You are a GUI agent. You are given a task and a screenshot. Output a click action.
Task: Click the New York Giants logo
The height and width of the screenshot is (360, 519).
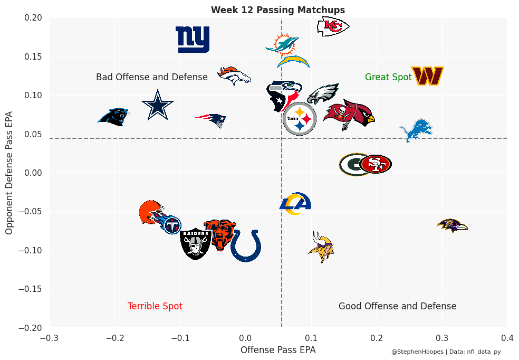tap(193, 40)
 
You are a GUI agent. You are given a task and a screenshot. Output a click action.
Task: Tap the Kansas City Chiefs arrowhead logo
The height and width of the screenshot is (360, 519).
tap(333, 26)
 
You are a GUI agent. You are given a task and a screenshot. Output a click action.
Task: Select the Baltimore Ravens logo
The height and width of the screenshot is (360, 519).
tap(453, 226)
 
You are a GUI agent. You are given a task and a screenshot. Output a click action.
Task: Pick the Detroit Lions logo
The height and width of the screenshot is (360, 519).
tap(416, 130)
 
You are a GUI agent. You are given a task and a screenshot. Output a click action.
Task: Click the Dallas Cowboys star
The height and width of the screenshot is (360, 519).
tap(157, 106)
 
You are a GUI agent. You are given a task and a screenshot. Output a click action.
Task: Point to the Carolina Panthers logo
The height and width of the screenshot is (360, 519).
tap(114, 116)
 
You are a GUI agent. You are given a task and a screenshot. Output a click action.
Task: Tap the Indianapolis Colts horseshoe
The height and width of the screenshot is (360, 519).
tap(246, 246)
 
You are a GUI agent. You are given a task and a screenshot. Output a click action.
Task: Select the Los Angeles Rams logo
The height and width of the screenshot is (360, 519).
tap(295, 204)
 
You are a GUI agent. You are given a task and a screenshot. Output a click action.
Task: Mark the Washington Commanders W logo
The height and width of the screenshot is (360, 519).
tap(427, 76)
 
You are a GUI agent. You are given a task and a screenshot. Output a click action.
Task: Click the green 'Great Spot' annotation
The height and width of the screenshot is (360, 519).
tap(388, 77)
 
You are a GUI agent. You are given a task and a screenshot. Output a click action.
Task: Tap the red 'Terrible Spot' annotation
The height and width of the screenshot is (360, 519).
tap(155, 306)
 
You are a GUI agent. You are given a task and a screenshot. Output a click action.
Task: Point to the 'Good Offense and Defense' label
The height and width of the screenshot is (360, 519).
tap(397, 306)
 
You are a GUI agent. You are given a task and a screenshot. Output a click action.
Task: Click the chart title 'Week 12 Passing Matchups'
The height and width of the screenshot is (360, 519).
tap(278, 10)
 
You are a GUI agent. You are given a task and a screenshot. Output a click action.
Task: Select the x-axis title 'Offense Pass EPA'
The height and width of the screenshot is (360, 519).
tap(278, 349)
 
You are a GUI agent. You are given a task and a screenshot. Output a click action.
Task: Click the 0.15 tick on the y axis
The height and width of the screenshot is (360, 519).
tap(35, 56)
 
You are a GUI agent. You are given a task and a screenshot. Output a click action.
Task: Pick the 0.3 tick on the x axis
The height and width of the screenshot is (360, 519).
tap(442, 337)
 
